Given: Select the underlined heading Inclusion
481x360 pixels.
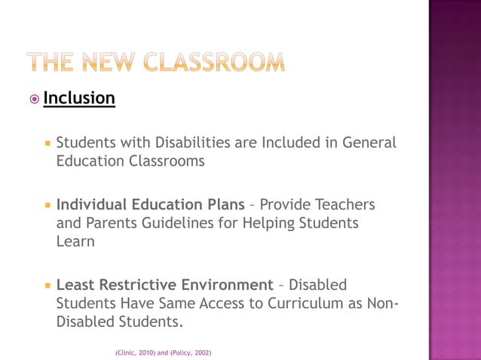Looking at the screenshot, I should (79, 98).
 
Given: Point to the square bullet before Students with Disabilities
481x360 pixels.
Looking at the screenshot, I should (47, 142).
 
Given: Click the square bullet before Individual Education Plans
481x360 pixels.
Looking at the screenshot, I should (47, 205).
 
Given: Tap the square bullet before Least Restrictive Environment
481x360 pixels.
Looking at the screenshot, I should (47, 285).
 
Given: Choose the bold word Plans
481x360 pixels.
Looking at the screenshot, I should (222, 205).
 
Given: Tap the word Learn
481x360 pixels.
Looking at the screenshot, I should (75, 243).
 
